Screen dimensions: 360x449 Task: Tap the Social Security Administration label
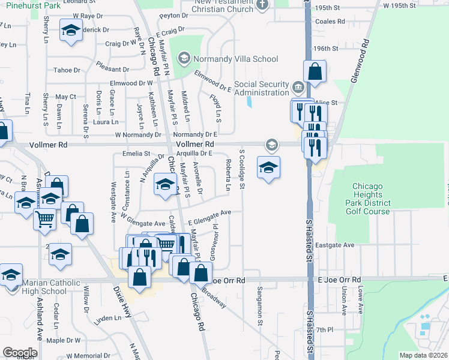click(262, 88)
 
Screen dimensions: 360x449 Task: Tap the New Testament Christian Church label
click(223, 5)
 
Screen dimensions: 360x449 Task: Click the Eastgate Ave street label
click(341, 245)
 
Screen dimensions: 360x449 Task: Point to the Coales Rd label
click(330, 21)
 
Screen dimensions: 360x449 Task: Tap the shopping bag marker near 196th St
click(315, 72)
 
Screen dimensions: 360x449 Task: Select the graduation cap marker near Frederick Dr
click(71, 31)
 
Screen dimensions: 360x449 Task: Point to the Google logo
click(20, 353)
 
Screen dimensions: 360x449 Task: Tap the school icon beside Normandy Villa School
click(184, 59)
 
